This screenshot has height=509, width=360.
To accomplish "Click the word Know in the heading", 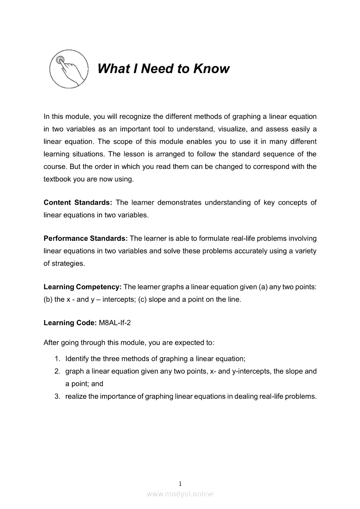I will click(x=211, y=69).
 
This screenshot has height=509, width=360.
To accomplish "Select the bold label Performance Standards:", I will click(x=85, y=238).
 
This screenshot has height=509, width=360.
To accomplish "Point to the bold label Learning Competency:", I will click(x=82, y=287).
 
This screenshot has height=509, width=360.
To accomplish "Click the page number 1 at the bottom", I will click(x=180, y=483).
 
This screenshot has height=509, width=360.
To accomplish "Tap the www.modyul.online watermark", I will click(x=180, y=494).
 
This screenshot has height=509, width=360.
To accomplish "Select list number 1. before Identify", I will click(x=57, y=359).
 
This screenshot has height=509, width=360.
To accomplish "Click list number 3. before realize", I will click(x=57, y=396).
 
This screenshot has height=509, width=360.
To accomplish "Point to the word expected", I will click(x=192, y=342).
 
